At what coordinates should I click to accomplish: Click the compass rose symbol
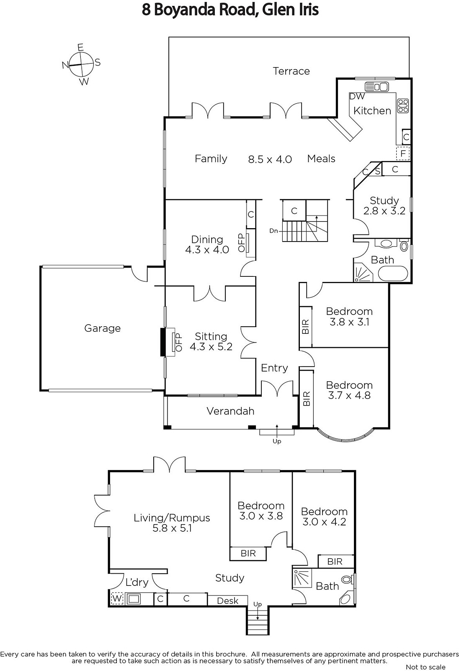[x=81, y=64]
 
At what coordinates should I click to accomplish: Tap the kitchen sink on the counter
[x=377, y=87]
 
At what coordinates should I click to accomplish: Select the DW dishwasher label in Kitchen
[x=357, y=96]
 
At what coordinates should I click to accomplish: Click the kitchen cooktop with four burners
[x=403, y=106]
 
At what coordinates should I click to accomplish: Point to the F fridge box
[x=403, y=153]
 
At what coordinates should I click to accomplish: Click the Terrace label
[x=291, y=71]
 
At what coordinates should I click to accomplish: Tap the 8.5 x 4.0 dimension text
[x=270, y=159]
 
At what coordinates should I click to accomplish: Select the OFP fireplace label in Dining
[x=242, y=243]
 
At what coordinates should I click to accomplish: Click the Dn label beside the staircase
[x=273, y=231]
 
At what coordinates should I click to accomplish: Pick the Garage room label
[x=102, y=328]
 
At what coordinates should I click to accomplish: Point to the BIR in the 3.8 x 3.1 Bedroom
[x=305, y=327]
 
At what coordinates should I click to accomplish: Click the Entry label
[x=274, y=368]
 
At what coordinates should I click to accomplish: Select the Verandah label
[x=230, y=411]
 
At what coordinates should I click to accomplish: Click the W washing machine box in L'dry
[x=117, y=598]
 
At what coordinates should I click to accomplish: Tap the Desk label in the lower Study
[x=228, y=601]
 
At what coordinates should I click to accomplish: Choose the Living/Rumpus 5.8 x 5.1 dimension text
[x=172, y=528]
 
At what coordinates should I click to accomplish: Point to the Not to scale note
[x=425, y=667]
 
